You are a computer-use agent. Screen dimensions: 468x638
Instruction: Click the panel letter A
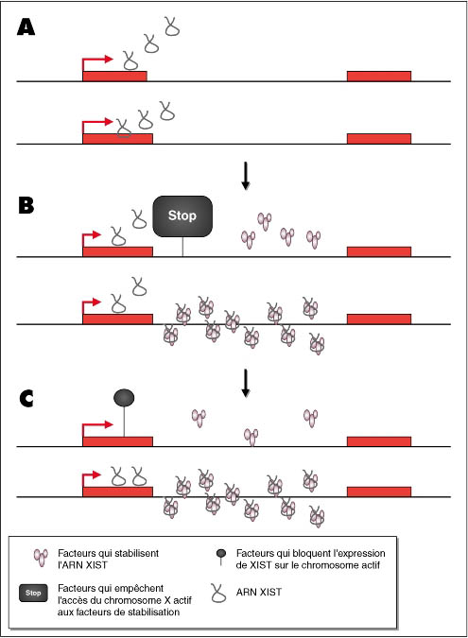click(x=26, y=28)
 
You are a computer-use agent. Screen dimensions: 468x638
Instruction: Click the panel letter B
click(x=26, y=205)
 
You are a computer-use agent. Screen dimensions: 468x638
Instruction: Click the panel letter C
click(x=26, y=398)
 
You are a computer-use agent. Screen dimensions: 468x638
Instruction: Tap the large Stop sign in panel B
click(x=182, y=216)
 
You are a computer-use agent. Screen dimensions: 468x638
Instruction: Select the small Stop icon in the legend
click(x=33, y=593)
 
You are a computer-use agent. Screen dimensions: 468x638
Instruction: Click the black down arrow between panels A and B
click(x=245, y=176)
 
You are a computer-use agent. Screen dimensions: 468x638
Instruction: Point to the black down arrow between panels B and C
click(x=245, y=383)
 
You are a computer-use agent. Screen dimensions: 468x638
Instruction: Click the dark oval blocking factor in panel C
click(x=124, y=398)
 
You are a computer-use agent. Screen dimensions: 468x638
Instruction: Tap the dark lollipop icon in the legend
click(x=221, y=557)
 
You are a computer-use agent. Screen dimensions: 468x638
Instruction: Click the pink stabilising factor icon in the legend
click(x=41, y=557)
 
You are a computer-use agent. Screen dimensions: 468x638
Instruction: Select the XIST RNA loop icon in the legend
click(x=218, y=593)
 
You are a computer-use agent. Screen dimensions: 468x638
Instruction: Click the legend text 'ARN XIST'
click(x=259, y=592)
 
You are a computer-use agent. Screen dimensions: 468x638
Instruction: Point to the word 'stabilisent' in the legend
click(x=137, y=553)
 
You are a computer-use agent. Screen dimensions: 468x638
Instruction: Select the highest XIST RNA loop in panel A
click(x=172, y=26)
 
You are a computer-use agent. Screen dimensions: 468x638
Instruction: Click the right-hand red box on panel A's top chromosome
click(x=379, y=77)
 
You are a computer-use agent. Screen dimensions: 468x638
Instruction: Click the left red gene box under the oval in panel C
click(x=117, y=441)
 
